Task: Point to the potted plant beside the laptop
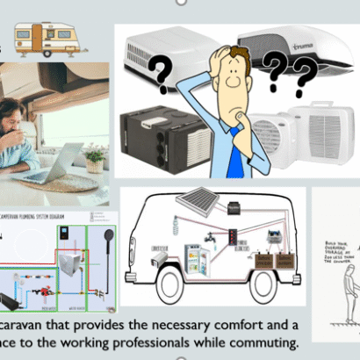tap(94, 159)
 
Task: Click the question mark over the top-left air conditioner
tap(159, 69)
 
